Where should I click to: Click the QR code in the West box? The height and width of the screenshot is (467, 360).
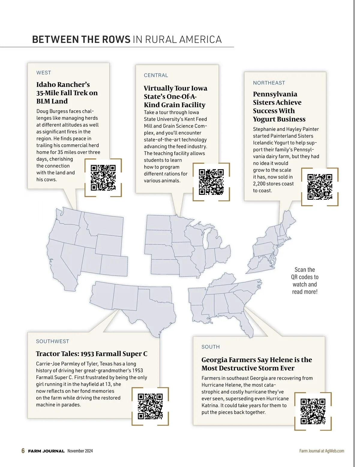pyautogui.click(x=103, y=177)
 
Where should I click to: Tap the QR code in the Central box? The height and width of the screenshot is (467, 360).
pyautogui.click(x=211, y=182)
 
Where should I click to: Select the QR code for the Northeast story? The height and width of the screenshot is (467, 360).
pyautogui.click(x=320, y=187)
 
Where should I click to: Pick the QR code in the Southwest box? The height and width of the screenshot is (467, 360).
pyautogui.click(x=150, y=406)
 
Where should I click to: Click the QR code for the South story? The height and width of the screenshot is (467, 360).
pyautogui.click(x=313, y=411)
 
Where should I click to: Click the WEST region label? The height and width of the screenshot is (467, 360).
pyautogui.click(x=43, y=73)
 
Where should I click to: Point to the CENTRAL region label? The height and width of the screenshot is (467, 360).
pyautogui.click(x=156, y=75)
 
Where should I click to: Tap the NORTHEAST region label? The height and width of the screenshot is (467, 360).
pyautogui.click(x=269, y=83)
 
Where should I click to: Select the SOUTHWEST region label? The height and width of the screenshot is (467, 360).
pyautogui.click(x=52, y=341)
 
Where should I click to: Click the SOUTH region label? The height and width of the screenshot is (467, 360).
pyautogui.click(x=211, y=347)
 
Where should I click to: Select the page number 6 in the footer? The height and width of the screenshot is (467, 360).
pyautogui.click(x=23, y=451)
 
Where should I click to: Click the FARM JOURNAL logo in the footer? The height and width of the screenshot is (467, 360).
pyautogui.click(x=46, y=451)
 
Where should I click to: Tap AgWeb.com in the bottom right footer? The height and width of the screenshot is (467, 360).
pyautogui.click(x=334, y=451)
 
